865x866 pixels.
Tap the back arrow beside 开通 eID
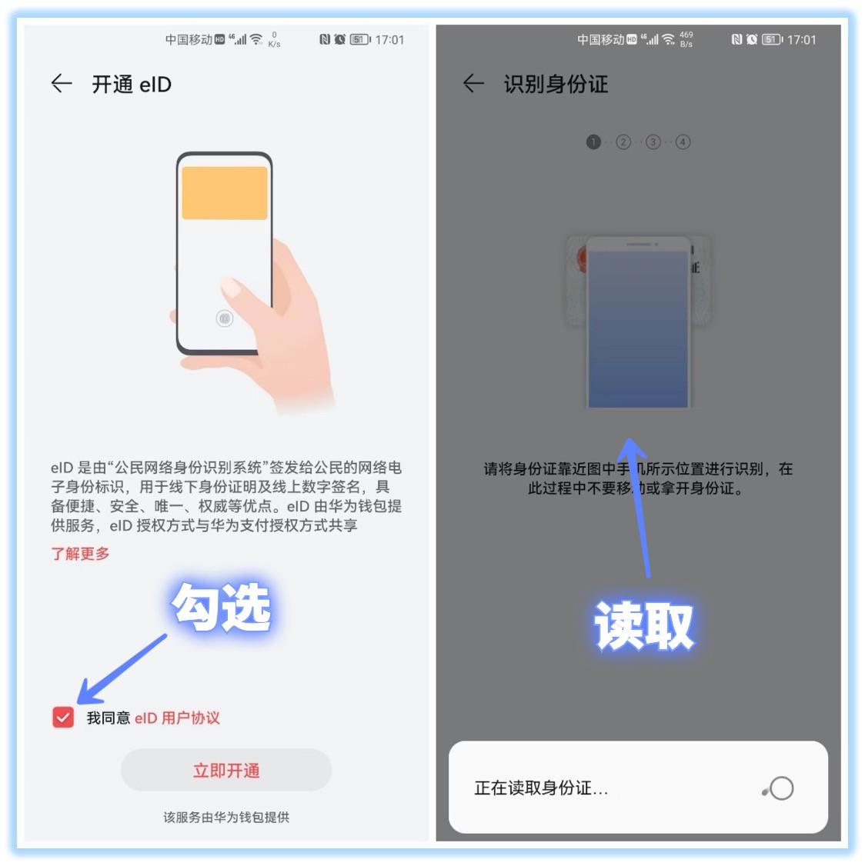(x=62, y=84)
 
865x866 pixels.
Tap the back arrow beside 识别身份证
(x=473, y=84)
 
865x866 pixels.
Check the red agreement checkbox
(x=63, y=718)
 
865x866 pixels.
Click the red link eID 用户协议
(x=177, y=718)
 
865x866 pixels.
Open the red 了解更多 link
(x=80, y=554)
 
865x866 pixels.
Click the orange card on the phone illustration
(x=224, y=193)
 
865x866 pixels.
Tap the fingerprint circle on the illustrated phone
(x=224, y=318)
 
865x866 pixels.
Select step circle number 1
(x=593, y=142)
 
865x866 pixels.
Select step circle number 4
(x=683, y=142)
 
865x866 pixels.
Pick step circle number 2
(x=623, y=142)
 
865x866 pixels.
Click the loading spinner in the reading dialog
(x=780, y=788)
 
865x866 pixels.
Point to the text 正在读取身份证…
(x=541, y=788)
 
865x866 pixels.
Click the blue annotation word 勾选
(x=222, y=608)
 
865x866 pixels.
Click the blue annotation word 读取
(x=644, y=626)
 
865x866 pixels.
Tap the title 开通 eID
(x=132, y=85)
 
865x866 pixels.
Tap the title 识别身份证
(x=556, y=85)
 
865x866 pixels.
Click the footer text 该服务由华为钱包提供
(x=226, y=818)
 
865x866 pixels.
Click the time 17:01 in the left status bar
(x=389, y=40)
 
